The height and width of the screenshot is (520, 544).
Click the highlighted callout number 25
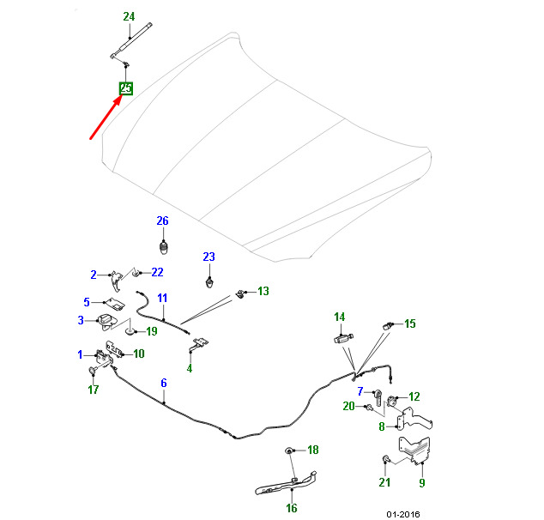(x=126, y=88)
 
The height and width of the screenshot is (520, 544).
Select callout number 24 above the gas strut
(x=129, y=16)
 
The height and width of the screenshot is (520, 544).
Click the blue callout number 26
(x=163, y=221)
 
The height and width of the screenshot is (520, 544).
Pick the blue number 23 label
(x=209, y=257)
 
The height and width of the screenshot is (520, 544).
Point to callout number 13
(x=263, y=291)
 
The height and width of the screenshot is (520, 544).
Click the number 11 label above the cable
(x=162, y=298)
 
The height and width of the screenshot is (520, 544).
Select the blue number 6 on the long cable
(x=164, y=383)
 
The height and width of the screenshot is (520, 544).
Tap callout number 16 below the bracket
(x=292, y=508)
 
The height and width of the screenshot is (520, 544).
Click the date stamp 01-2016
(x=403, y=514)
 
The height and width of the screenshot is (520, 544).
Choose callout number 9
(x=422, y=482)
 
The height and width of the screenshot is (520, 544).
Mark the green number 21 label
(x=384, y=482)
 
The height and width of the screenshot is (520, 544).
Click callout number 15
(x=410, y=323)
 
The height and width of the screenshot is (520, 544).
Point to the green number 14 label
(x=340, y=317)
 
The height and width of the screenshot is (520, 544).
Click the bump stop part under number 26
(x=164, y=248)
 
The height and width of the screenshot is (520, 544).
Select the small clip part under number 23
(x=209, y=282)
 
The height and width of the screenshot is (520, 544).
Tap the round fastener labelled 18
(x=288, y=450)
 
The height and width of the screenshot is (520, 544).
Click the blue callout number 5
(x=87, y=302)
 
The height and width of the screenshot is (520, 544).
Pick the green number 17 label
(x=94, y=390)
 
